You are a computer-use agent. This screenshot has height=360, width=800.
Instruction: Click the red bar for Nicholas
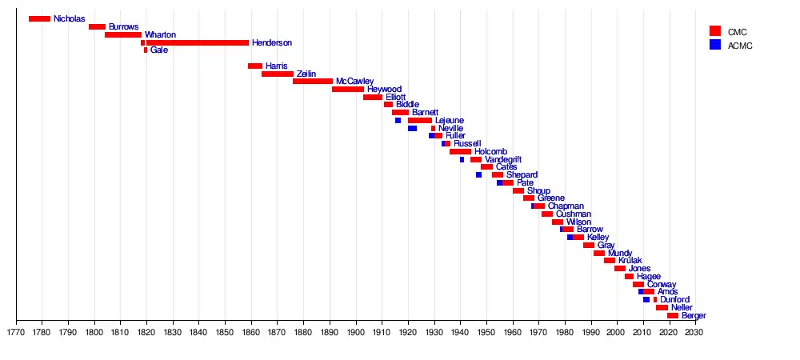(39, 19)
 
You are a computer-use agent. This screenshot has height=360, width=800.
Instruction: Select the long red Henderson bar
(197, 42)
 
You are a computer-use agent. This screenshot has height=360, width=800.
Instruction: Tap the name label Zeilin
(306, 74)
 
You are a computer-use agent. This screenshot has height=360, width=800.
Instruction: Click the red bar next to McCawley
(313, 82)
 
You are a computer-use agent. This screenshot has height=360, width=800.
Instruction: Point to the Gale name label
(159, 50)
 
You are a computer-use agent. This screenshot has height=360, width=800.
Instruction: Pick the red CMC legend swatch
(715, 30)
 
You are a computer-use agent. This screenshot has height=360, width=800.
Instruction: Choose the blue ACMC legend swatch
(715, 45)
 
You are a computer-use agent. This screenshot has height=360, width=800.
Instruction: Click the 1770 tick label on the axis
(15, 331)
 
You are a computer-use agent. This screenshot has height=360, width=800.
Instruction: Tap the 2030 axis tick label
(694, 331)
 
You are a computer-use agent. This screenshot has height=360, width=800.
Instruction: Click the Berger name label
(694, 316)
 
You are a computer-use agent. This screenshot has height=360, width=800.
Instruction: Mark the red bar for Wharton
(123, 34)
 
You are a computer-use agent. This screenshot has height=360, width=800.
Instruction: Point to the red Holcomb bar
(460, 151)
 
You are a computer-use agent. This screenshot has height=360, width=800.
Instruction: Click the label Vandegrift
(503, 159)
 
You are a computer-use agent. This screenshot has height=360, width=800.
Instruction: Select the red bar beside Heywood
(348, 90)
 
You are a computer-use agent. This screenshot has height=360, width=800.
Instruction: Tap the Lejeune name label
(449, 121)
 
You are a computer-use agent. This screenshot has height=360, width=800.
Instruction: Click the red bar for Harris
(255, 66)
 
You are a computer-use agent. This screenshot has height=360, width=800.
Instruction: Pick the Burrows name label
(123, 27)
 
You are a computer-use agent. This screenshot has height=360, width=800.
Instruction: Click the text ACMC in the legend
(740, 46)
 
